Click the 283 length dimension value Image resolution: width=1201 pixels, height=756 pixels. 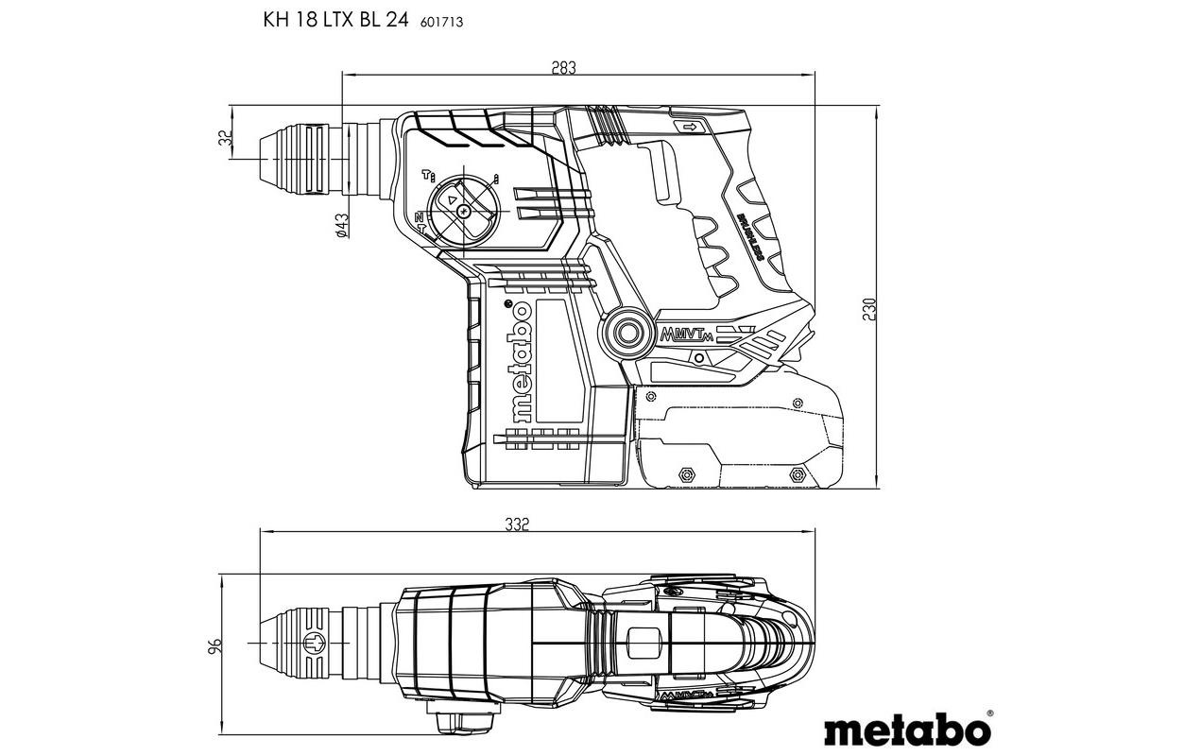(563, 67)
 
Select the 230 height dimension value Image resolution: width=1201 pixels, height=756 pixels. (869, 310)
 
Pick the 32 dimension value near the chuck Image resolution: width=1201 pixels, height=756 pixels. (225, 137)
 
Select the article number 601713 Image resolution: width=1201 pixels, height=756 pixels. (441, 21)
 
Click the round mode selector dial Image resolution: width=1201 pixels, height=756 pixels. (464, 212)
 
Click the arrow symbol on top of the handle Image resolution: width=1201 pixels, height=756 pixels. (688, 126)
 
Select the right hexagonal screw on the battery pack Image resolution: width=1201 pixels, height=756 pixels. (797, 474)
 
